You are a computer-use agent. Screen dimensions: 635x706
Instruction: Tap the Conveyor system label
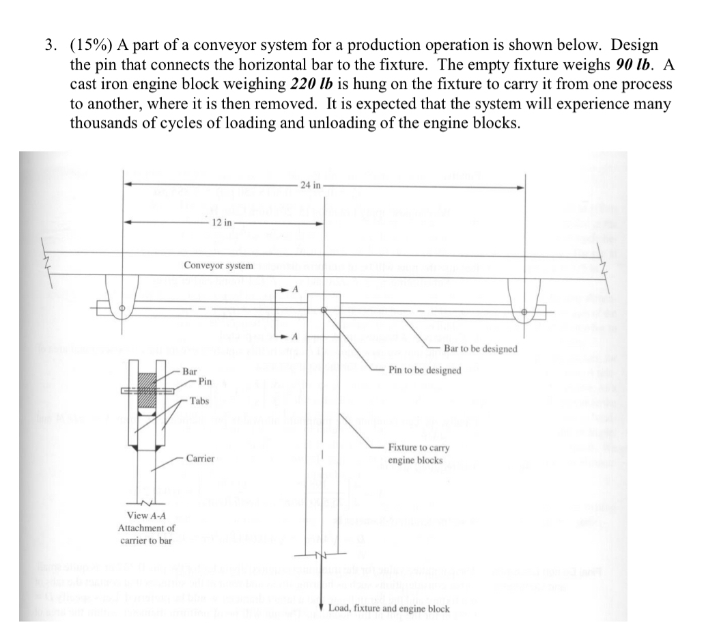coord(218,265)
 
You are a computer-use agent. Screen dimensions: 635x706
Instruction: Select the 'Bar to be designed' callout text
coord(480,349)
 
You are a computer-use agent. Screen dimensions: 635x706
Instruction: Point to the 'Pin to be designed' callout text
coord(425,370)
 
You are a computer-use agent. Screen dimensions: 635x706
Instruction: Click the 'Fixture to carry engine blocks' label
coord(418,454)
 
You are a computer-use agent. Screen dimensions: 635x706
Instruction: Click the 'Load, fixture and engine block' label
coord(389,608)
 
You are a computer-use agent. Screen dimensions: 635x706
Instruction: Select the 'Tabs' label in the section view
coord(199,401)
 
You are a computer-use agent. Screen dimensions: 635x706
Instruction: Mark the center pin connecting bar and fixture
coord(324,311)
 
